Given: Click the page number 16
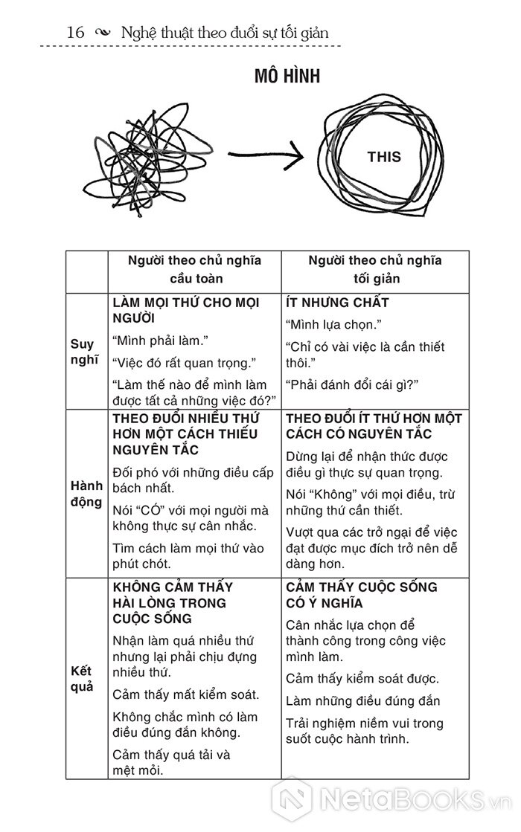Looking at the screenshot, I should pos(74,32).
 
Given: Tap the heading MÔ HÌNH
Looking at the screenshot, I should pos(287,77).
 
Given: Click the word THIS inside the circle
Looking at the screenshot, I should pos(383,157).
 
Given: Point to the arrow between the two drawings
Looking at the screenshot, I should pos(265,155).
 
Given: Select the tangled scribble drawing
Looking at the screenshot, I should pos(150,158).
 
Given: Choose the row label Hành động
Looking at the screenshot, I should pos(86,494).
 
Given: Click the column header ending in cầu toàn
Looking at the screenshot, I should pos(195,270).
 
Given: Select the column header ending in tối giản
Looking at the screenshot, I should pos(376,270).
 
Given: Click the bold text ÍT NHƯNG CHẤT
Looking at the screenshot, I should pos(337,303).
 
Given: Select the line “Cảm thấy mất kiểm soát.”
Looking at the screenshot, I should pos(186,695).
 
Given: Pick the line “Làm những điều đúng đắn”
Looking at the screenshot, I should pos(363,700).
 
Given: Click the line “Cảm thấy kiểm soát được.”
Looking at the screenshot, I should pos(362,678).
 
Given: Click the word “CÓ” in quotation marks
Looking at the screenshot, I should pos(150,509).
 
